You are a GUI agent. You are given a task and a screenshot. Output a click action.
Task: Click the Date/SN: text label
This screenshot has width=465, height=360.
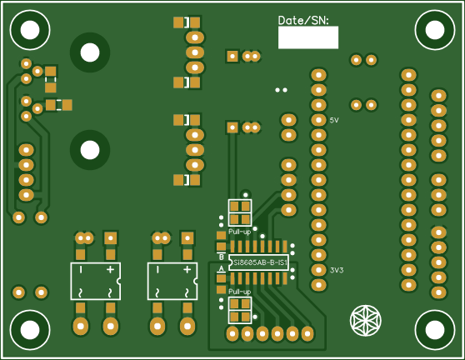point(303,19)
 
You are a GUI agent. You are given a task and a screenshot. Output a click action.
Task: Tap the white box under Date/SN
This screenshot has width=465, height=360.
point(307,37)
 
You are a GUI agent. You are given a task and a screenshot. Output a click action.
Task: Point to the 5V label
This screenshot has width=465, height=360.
point(334,121)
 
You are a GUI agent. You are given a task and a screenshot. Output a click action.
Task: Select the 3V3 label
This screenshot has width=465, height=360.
point(337,270)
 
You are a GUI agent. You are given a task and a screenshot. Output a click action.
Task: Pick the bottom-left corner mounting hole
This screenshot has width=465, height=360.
point(30,330)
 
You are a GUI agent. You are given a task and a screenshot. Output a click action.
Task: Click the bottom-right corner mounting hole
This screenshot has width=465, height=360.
point(434,330)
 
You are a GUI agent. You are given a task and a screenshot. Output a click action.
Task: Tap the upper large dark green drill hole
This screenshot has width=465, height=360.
point(89,52)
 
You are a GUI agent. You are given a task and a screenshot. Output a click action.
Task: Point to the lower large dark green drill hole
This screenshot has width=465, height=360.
point(89,150)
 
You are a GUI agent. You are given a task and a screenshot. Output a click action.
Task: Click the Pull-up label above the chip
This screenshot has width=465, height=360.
point(240,231)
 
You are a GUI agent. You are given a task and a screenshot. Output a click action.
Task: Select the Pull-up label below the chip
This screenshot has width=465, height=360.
point(240,292)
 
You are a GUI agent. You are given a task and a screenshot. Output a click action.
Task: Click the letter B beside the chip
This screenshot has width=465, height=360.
point(222,257)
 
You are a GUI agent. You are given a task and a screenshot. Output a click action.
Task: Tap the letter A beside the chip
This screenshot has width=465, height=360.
point(222,269)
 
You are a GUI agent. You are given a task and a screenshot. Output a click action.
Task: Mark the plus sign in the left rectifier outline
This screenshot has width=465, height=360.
point(109,271)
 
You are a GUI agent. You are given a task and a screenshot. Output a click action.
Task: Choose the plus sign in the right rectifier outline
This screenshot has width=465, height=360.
point(186,270)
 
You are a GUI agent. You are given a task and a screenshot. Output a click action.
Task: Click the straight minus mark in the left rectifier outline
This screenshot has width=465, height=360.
point(81,271)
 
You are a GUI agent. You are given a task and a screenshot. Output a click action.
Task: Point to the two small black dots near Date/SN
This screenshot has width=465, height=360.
point(282,89)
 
